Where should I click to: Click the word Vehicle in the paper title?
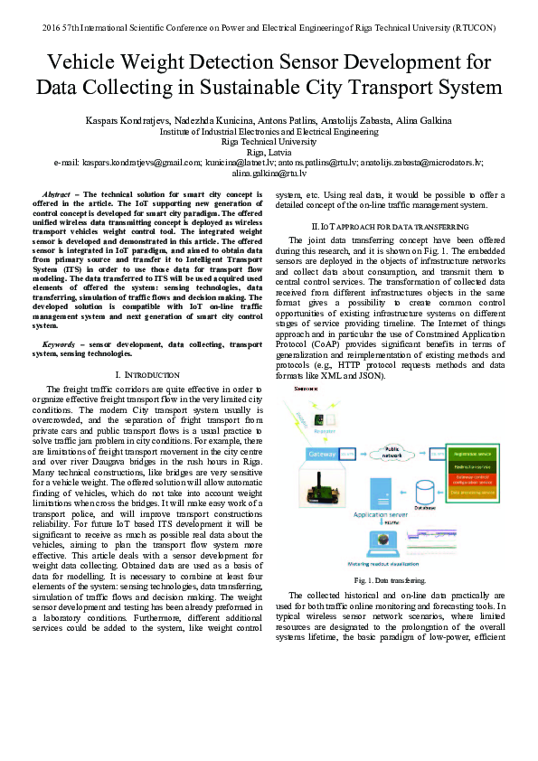(85, 63)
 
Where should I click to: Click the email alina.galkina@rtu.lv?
(269, 172)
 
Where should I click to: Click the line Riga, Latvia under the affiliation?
(269, 152)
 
